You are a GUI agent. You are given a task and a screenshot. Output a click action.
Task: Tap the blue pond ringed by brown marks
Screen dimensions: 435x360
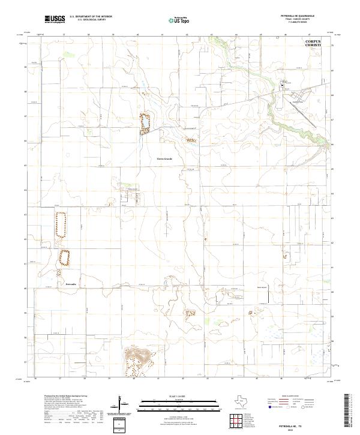click(x=144, y=123)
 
